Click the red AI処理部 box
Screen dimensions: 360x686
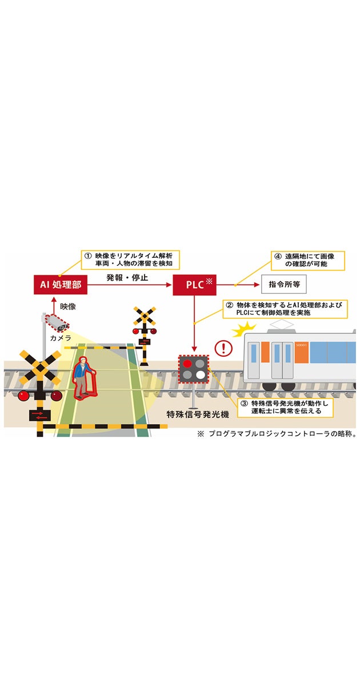coord(60,284)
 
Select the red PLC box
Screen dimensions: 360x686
coord(194,284)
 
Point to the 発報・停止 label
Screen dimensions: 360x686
coord(128,277)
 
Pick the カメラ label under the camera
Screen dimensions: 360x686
coord(59,338)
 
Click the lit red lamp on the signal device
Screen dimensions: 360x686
coord(187,363)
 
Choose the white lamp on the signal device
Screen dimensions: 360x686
coord(200,375)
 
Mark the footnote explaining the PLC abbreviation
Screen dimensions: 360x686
coord(277,434)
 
